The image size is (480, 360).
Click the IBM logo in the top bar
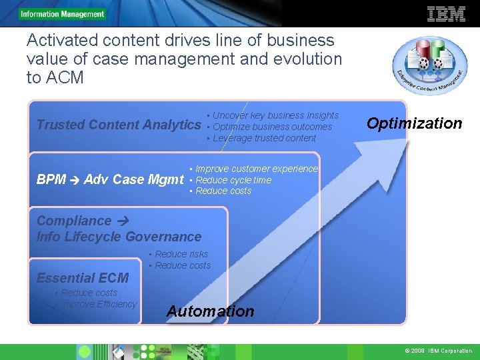[x=445, y=13]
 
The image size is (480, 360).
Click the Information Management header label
[x=62, y=14]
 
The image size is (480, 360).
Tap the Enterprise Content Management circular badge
[x=430, y=66]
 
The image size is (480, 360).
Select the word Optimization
[x=414, y=123]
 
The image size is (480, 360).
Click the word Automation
[x=210, y=311]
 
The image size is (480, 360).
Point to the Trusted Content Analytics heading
[x=118, y=125]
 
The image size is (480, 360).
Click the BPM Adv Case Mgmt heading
[x=110, y=179]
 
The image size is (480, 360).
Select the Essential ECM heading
[x=82, y=278]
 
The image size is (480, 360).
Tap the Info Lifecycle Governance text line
[x=119, y=237]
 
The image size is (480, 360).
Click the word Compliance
[x=73, y=221]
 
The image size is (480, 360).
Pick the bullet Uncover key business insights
[x=275, y=115]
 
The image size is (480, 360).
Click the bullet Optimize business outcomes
[x=271, y=127]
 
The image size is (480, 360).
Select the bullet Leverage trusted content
[x=264, y=138]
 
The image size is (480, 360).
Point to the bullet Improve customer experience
[x=256, y=169]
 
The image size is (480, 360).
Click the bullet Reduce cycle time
[x=233, y=180]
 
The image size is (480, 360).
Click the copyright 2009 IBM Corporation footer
[x=437, y=351]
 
